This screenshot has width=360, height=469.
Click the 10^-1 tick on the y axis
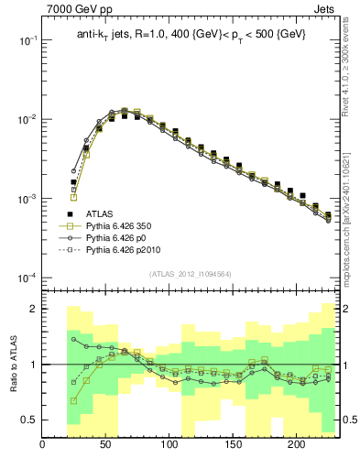tap(26, 41)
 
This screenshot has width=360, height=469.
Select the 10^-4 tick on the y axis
tap(26, 278)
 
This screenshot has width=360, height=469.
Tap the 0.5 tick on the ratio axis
tap(27, 420)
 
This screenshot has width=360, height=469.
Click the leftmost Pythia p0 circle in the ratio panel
tap(73, 339)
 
